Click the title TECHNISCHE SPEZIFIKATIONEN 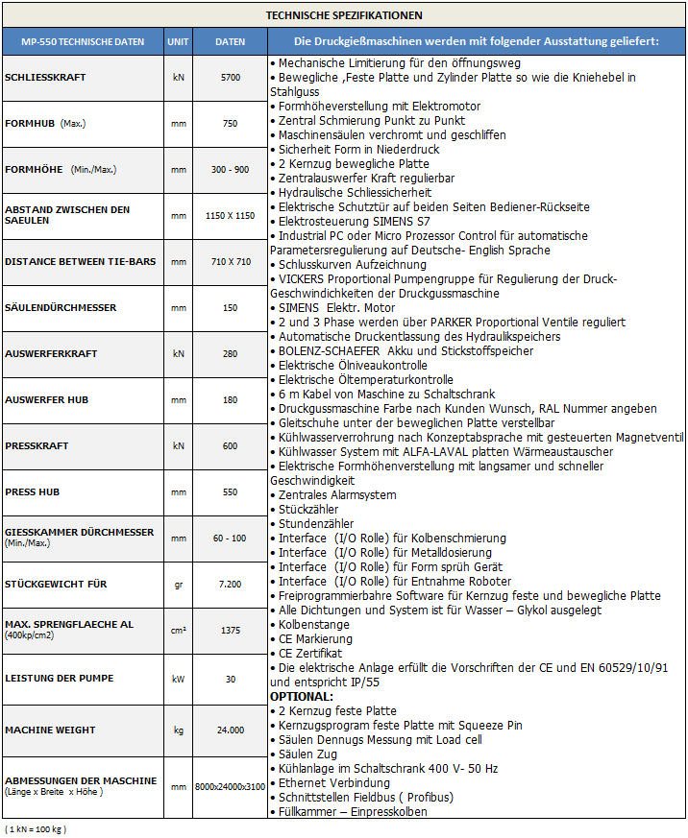pyautogui.click(x=344, y=15)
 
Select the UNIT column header pyautogui.click(x=178, y=42)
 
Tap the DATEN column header pyautogui.click(x=230, y=42)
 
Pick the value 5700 pyautogui.click(x=230, y=77)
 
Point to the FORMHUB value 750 pyautogui.click(x=230, y=123)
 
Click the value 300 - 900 pyautogui.click(x=230, y=169)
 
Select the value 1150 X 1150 pyautogui.click(x=230, y=215)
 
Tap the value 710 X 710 pyautogui.click(x=230, y=261)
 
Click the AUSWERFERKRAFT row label pyautogui.click(x=52, y=353)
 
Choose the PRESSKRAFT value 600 pyautogui.click(x=230, y=445)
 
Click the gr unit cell pyautogui.click(x=178, y=584)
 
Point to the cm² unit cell pyautogui.click(x=178, y=630)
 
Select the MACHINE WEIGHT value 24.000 pyautogui.click(x=230, y=730)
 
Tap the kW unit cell pyautogui.click(x=178, y=678)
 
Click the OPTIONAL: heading pyautogui.click(x=302, y=696)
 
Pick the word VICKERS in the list pyautogui.click(x=306, y=278)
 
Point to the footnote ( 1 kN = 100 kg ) pyautogui.click(x=36, y=827)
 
